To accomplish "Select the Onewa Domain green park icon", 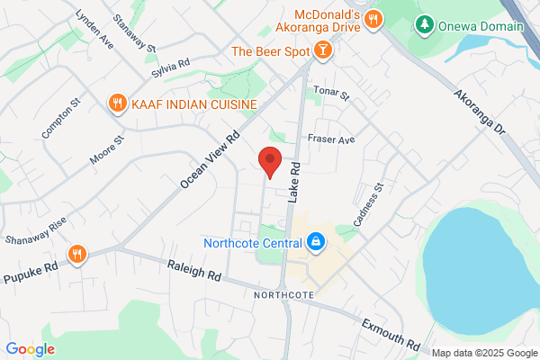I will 424,25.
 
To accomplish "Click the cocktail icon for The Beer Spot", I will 320,52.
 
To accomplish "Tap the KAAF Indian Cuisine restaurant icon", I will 116,104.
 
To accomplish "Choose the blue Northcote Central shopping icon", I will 315,241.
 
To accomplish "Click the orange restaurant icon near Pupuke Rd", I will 78,254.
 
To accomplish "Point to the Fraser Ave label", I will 331,139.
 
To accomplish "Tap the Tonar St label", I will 330,94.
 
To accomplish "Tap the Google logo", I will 30,349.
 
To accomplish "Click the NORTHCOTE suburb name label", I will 284,294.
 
